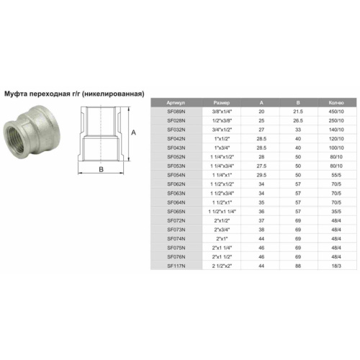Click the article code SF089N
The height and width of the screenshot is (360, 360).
pos(176,112)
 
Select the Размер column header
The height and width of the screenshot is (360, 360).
pos(222,103)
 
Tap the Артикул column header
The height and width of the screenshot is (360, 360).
pos(176,103)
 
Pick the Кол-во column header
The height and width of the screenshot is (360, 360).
pos(336,103)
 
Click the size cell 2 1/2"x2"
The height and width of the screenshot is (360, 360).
pos(222,266)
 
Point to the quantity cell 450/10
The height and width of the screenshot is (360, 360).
pos(336,112)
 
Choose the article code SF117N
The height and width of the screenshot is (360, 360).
pos(176,266)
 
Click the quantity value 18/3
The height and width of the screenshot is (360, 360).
pos(336,266)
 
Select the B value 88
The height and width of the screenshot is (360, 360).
pos(298,266)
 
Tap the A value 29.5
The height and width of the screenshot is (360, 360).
pos(261,175)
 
